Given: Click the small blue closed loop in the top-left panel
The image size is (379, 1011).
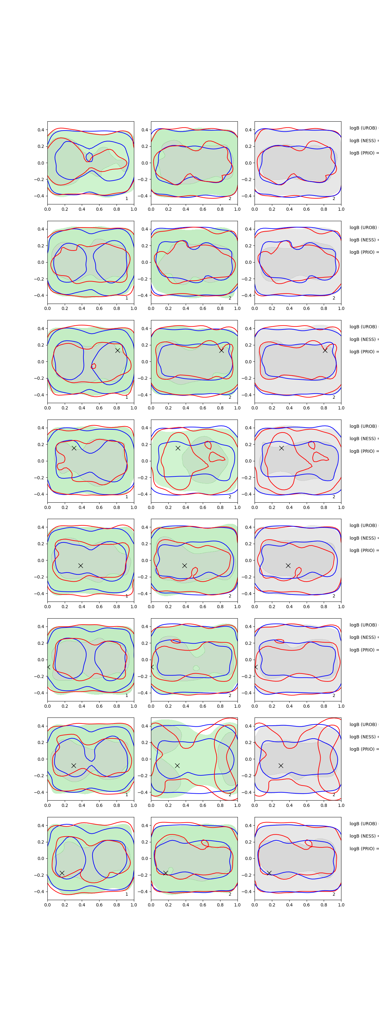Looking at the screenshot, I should [x=89, y=157].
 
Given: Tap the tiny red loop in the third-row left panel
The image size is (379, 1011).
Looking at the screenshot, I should [x=93, y=366].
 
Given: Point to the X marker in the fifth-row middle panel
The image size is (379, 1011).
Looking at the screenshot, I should [x=184, y=566].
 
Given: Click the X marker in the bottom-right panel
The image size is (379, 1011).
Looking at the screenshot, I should [x=269, y=873].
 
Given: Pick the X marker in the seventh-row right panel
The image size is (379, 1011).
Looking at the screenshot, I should [x=281, y=765].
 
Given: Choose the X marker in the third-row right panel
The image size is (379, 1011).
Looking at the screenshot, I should [x=325, y=350].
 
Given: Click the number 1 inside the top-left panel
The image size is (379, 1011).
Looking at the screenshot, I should [x=127, y=199].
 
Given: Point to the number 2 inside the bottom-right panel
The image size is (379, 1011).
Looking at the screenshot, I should [x=334, y=894].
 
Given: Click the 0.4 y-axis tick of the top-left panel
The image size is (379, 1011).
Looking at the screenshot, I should [x=41, y=130].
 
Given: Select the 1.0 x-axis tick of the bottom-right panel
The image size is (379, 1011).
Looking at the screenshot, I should [x=341, y=905].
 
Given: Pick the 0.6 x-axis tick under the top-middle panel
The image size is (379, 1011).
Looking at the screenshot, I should [x=203, y=209].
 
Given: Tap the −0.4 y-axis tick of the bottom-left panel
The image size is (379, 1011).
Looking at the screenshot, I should [x=39, y=892].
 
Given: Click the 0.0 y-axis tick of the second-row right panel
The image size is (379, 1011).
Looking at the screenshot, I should [x=248, y=262].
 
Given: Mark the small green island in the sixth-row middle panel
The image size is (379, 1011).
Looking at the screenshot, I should [x=196, y=668].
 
